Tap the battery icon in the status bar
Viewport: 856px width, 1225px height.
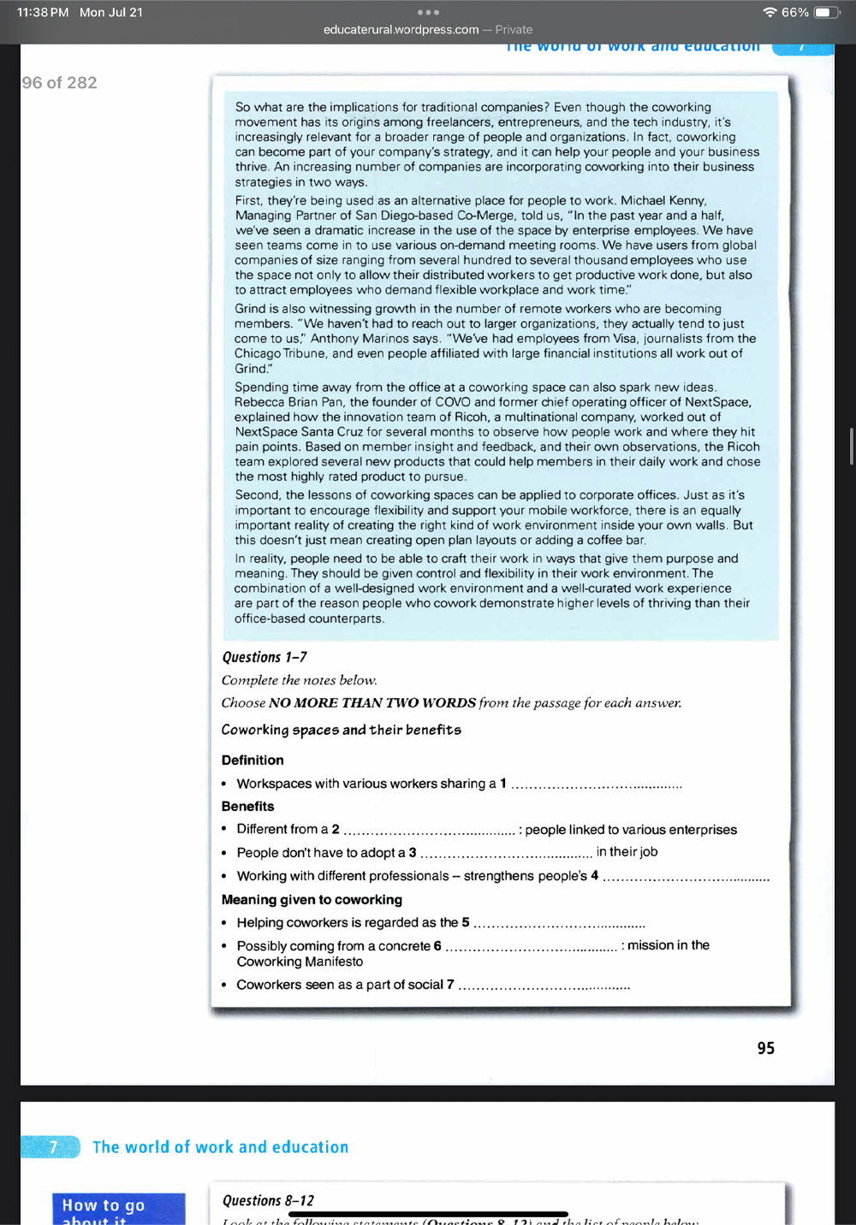[827, 13]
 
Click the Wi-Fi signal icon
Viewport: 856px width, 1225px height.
[770, 13]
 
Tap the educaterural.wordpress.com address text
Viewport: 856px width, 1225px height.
[401, 30]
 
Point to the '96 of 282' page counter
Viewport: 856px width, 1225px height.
[59, 83]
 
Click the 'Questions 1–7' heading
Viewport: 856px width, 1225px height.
[265, 657]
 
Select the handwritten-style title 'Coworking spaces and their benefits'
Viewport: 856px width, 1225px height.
[341, 730]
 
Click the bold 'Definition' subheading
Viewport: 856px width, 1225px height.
[253, 760]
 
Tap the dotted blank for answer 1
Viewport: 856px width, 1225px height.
[596, 784]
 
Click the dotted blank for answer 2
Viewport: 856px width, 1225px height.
[429, 830]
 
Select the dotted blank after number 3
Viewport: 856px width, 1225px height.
[506, 853]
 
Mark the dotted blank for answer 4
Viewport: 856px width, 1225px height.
[686, 877]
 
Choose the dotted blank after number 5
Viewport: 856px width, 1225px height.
[559, 923]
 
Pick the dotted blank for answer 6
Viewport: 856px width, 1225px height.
[531, 946]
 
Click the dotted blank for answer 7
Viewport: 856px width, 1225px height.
[544, 985]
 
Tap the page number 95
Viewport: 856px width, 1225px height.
[765, 1048]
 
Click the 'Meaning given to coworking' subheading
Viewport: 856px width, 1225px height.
[312, 900]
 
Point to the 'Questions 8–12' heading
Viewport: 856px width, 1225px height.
[268, 1200]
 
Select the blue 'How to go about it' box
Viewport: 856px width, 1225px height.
[118, 1208]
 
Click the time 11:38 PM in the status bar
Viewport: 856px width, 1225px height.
[43, 13]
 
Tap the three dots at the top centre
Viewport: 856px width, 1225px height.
[428, 12]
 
